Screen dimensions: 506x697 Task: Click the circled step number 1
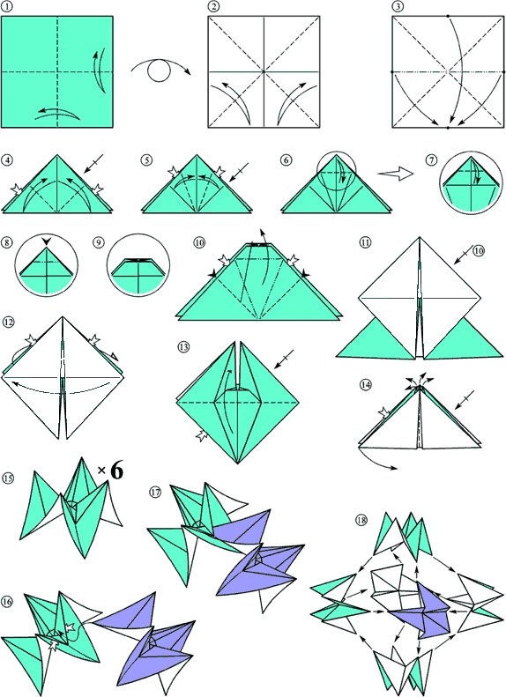coord(7,7)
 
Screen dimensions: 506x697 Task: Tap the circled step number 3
coord(397,7)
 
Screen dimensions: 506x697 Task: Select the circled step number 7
coord(431,160)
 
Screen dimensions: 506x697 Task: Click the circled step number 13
coord(182,346)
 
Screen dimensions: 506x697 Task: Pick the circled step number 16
coord(8,602)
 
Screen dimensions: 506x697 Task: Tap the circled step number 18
coord(361,519)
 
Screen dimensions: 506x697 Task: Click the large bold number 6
coord(116,471)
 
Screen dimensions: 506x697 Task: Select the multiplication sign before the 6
coord(102,470)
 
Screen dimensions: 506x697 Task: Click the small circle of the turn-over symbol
coord(159,71)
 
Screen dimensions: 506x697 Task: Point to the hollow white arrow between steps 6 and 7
coord(396,174)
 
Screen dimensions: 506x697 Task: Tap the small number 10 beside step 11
coord(478,251)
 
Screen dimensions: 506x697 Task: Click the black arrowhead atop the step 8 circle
coord(46,241)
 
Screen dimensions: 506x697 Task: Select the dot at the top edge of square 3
coord(448,16)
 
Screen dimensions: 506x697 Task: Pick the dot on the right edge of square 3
coord(503,71)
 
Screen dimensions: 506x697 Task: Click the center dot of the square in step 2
coord(264,71)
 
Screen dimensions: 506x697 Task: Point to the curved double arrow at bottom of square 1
coord(57,114)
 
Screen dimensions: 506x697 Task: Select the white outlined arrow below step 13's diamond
coord(201,435)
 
